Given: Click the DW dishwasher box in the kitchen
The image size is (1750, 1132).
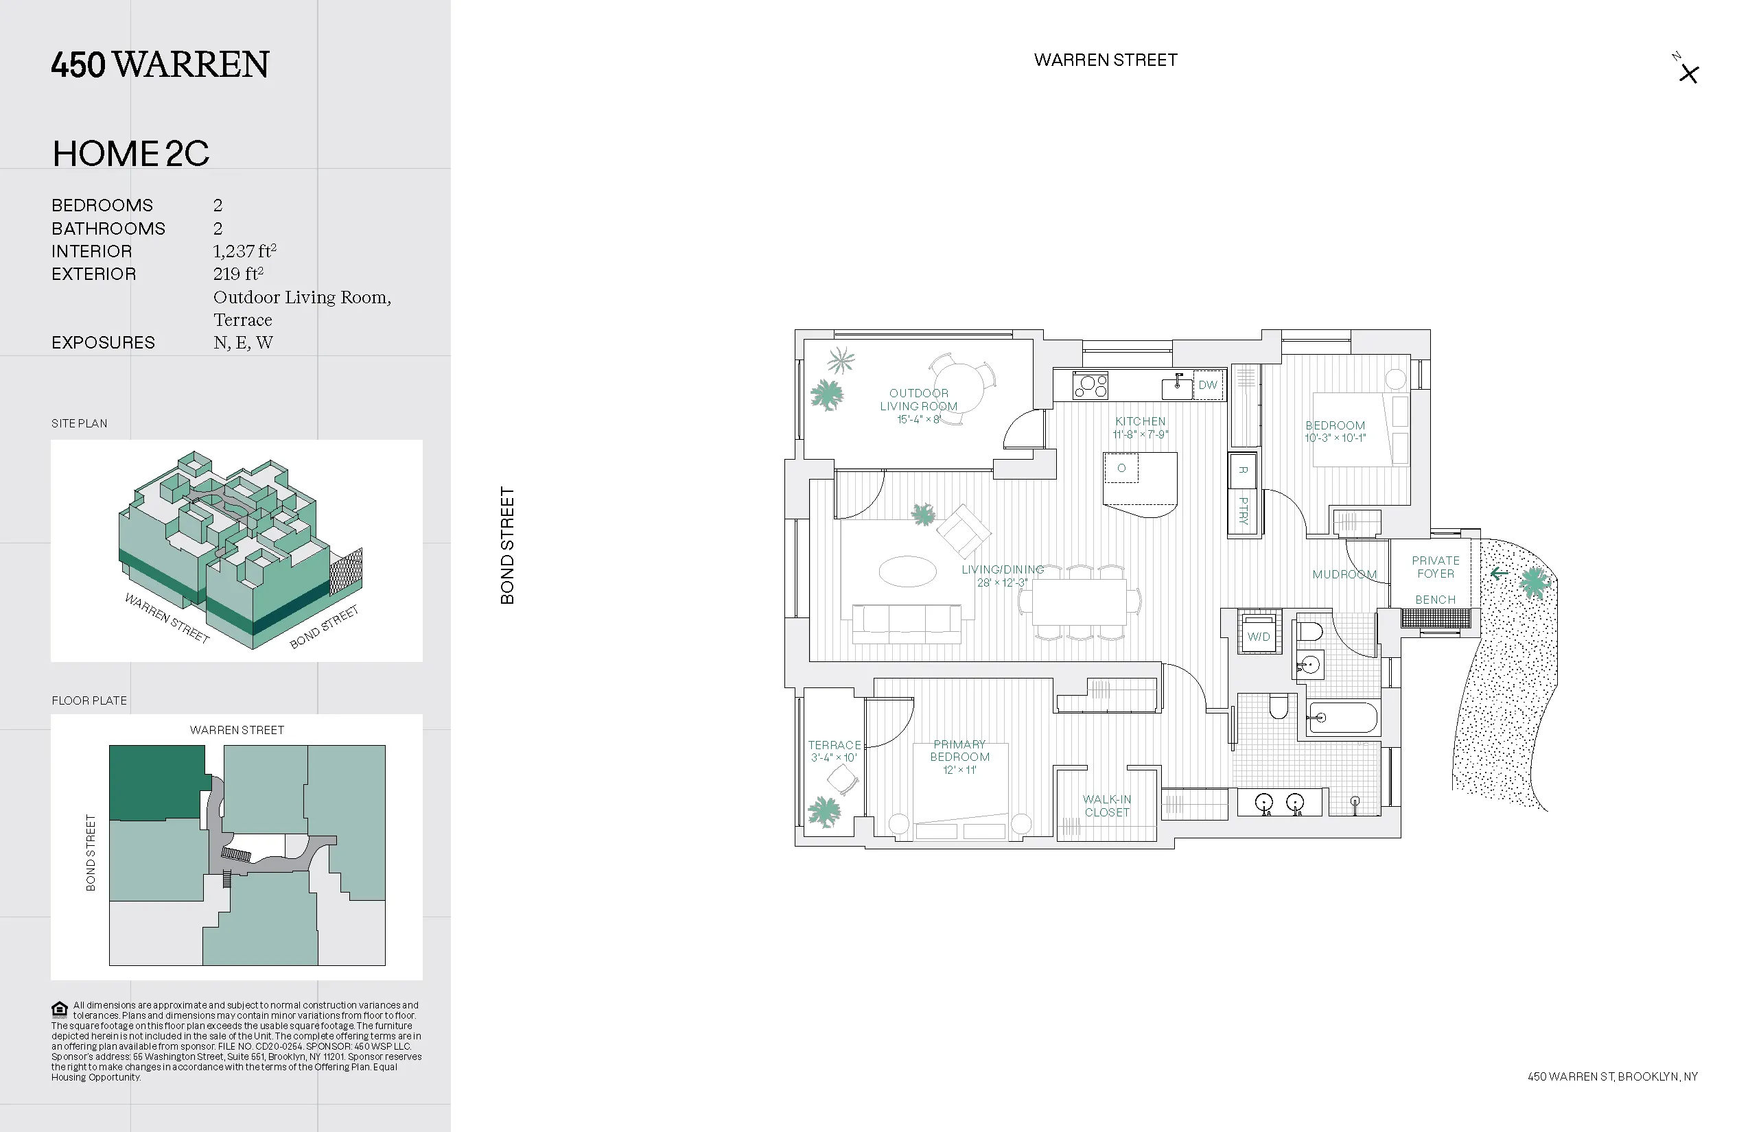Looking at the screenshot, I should pyautogui.click(x=1207, y=385).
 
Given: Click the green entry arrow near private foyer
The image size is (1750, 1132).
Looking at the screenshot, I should pyautogui.click(x=1499, y=574).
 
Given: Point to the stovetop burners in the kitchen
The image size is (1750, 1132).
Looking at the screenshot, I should pyautogui.click(x=1090, y=385).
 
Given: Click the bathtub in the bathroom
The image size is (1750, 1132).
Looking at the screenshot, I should pyautogui.click(x=1342, y=718).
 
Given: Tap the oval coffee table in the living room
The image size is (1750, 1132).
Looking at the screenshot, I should pyautogui.click(x=907, y=571).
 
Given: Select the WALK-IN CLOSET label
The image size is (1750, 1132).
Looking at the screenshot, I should pyautogui.click(x=1106, y=805).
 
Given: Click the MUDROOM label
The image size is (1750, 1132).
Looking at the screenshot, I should pyautogui.click(x=1344, y=574).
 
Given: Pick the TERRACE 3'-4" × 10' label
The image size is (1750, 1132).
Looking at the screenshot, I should pyautogui.click(x=834, y=751).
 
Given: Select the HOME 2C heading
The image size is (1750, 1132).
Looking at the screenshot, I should pyautogui.click(x=131, y=154).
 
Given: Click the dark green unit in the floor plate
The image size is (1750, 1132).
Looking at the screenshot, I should pyautogui.click(x=156, y=782).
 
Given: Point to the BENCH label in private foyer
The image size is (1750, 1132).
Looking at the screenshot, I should pyautogui.click(x=1435, y=600).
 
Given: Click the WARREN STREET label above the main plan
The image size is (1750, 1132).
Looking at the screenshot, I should pyautogui.click(x=1105, y=60).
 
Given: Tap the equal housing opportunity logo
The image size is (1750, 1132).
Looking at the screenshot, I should pyautogui.click(x=60, y=1009).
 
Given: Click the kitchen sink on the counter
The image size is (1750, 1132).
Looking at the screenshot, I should pyautogui.click(x=1176, y=388).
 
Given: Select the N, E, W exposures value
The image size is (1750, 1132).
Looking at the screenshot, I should pyautogui.click(x=244, y=342).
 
